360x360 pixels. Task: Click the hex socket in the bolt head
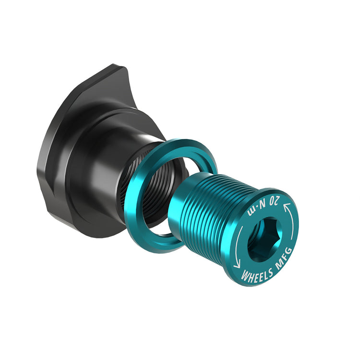pos(264,240)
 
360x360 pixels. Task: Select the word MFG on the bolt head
pos(284,258)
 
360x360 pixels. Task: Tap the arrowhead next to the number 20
pos(286,207)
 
